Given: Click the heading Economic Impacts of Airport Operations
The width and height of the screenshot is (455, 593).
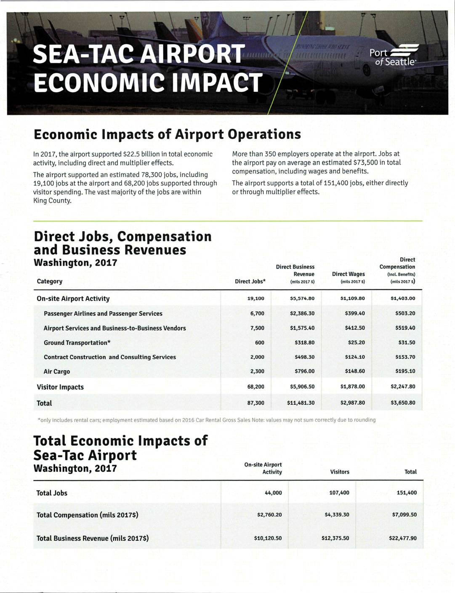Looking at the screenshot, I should pos(167,134).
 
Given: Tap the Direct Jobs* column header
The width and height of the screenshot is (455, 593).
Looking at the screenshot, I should pos(250,281).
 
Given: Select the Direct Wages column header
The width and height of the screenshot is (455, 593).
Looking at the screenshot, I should pos(348,274).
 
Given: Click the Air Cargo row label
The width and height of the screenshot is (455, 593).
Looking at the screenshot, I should pos(57,371).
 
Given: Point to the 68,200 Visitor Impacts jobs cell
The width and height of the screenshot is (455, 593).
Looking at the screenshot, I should pos(256,387).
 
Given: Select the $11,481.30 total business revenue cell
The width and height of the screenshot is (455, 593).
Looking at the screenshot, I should pos(301,403).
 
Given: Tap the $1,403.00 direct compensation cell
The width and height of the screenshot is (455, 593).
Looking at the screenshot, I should pos(403,299).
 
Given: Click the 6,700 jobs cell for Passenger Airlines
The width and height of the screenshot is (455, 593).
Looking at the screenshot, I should pos(257,313).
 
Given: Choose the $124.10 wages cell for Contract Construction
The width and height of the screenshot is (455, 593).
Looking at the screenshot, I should pos(355,357).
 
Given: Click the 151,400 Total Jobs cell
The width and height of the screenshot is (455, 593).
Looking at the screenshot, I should pos(407,493).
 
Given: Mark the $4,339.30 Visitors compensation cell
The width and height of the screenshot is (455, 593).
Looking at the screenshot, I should pos(337,515).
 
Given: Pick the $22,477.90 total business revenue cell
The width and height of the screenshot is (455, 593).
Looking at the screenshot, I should pos(403,538).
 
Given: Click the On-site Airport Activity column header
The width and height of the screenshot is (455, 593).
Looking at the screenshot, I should pos(263,468).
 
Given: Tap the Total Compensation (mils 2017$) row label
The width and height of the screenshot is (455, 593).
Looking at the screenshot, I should pos(88,515).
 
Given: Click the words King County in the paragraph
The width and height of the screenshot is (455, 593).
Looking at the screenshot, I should pos(52,200).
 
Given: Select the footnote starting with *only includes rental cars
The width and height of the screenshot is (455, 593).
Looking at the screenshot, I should pos(206,420).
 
